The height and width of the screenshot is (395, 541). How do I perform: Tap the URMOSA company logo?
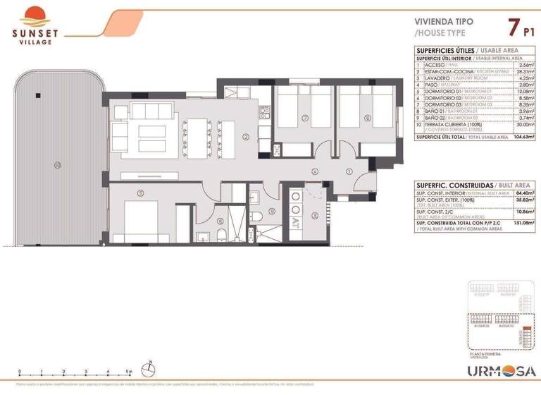pos(502,370)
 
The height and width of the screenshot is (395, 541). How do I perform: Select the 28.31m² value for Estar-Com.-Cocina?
pos(524,71)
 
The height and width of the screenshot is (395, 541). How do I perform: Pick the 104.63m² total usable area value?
pos(522,137)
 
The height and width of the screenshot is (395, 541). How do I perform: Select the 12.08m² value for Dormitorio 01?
pos(524,91)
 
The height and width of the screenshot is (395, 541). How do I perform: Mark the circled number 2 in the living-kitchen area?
pos(246,137)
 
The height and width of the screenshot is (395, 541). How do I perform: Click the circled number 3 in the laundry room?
pos(315,215)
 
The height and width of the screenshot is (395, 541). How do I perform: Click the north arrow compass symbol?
pos(150,367)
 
